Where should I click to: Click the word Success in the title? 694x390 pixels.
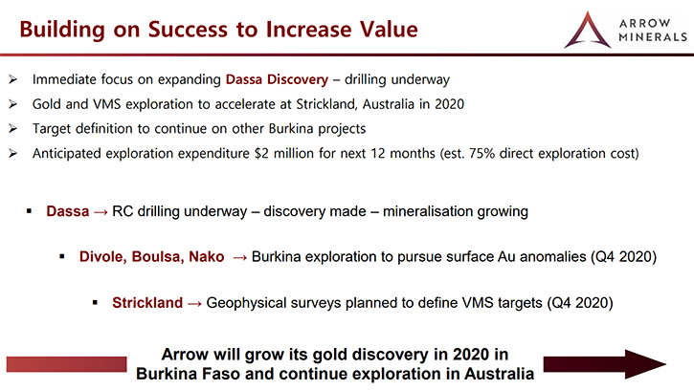point(189,30)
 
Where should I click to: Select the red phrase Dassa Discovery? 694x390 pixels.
point(277,79)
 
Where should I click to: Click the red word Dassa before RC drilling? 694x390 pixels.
point(68,211)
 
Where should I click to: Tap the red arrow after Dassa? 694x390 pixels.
point(101,212)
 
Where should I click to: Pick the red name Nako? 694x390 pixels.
point(206,257)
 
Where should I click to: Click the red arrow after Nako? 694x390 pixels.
point(239,258)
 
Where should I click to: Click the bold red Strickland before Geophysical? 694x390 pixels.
point(147,303)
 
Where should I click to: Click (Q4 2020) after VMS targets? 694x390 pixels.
point(580,303)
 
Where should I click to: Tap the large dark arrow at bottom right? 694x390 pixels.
point(605,365)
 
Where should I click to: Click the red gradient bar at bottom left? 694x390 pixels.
point(66,364)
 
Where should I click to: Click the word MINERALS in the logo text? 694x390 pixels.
point(653,37)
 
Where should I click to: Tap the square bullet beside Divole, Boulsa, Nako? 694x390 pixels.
point(62,256)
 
